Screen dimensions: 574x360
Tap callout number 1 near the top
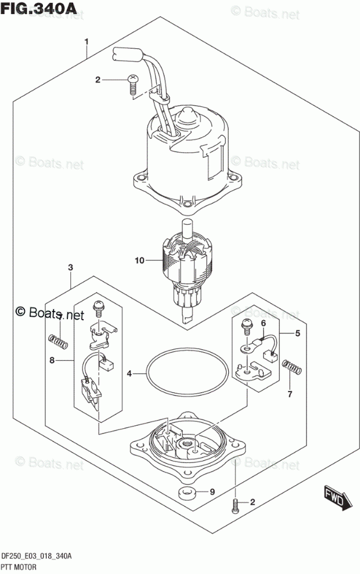pyautogui.click(x=87, y=42)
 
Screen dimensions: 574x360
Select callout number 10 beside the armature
pyautogui.click(x=139, y=261)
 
